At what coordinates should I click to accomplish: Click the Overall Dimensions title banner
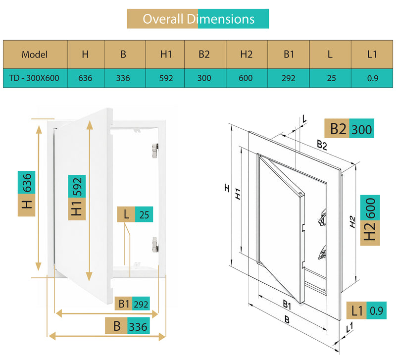click(198, 19)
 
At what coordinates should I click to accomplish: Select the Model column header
click(35, 54)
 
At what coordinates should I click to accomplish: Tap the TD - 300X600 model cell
click(35, 78)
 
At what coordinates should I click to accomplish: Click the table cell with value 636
click(86, 78)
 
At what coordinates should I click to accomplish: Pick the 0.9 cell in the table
click(372, 78)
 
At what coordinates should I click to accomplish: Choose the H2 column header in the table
click(247, 54)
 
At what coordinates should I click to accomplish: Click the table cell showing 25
click(330, 78)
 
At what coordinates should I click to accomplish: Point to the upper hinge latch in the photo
click(155, 151)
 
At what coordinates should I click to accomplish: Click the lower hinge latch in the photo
click(155, 245)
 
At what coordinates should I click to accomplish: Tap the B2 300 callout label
click(349, 128)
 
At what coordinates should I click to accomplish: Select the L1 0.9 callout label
click(366, 310)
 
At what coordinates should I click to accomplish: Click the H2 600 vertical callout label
click(370, 220)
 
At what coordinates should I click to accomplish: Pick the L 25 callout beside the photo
click(135, 214)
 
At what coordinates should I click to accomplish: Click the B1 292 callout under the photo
click(132, 304)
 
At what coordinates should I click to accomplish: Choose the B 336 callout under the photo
click(128, 326)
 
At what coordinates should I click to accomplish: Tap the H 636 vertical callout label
click(27, 194)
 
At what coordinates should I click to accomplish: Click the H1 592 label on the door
click(77, 198)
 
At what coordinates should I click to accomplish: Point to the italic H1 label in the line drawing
click(238, 194)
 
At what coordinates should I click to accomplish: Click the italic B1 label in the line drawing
click(287, 305)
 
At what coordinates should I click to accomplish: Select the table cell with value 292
click(289, 78)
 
